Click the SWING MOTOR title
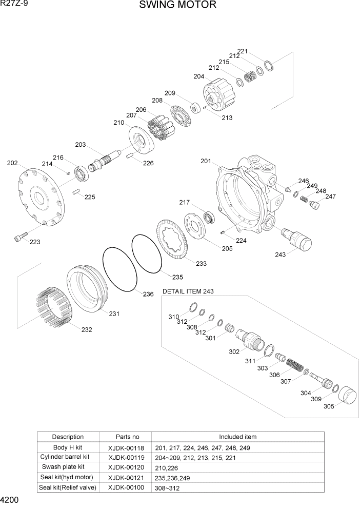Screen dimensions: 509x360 click(x=177, y=6)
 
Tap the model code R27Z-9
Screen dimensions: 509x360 click(x=14, y=4)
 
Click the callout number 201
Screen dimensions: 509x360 click(x=206, y=161)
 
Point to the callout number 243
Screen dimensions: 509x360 click(x=281, y=254)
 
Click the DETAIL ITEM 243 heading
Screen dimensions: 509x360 click(x=188, y=291)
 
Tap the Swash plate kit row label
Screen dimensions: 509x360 click(x=63, y=467)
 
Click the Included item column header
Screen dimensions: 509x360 click(x=237, y=437)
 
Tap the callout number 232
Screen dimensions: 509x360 click(x=87, y=330)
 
